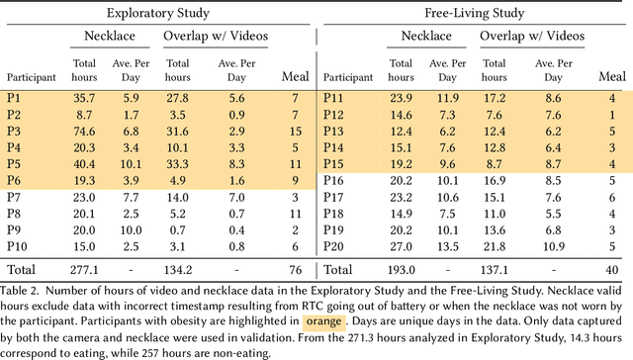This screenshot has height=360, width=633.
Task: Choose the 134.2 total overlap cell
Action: click(178, 269)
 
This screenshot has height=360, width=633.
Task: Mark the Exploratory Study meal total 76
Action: click(294, 269)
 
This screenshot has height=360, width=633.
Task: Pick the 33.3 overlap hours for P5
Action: click(179, 164)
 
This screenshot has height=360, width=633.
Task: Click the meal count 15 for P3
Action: click(294, 132)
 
